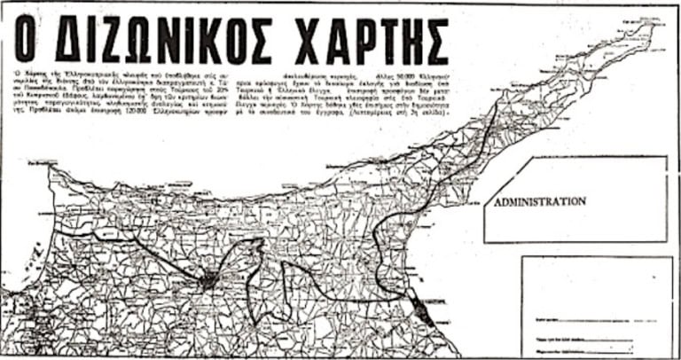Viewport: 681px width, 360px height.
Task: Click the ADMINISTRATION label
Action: [x=539, y=201]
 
